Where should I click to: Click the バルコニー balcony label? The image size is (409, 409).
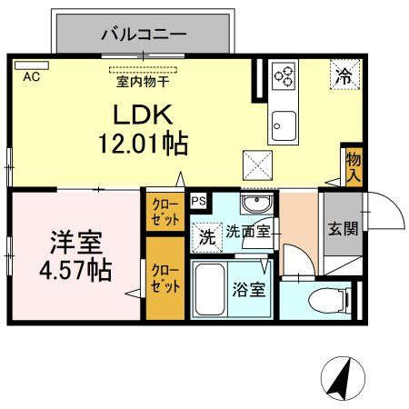(x=143, y=35)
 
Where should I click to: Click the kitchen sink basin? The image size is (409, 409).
(x=283, y=122)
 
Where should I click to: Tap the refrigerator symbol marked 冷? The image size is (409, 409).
(x=344, y=76)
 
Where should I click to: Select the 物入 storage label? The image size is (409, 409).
(x=354, y=166)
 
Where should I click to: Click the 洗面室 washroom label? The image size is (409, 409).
(x=247, y=232)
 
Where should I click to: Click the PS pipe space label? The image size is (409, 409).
(x=198, y=200)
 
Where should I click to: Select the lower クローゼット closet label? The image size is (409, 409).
(x=165, y=277)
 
